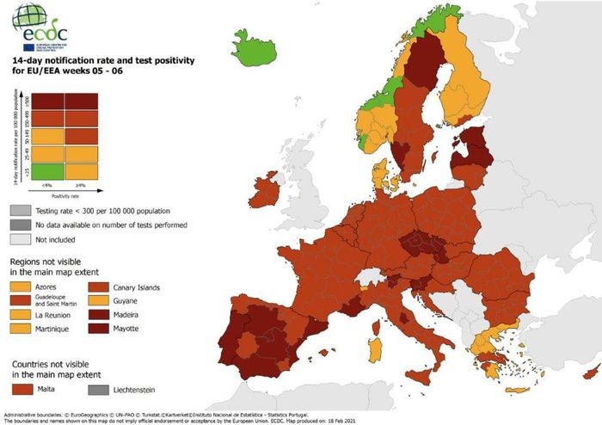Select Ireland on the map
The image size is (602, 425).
(265, 191)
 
